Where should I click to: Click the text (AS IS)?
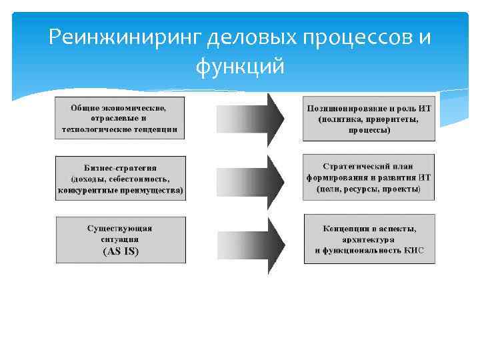click(x=121, y=251)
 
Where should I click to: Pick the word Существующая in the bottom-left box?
click(x=120, y=228)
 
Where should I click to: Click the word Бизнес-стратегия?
click(x=120, y=167)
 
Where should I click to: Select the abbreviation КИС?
click(x=414, y=251)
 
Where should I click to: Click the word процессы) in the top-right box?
click(x=369, y=131)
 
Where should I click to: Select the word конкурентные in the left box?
click(x=85, y=190)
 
